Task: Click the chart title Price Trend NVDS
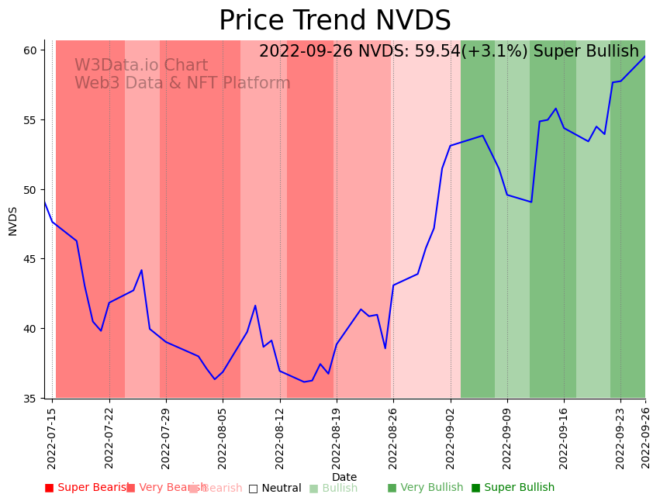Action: [334, 21]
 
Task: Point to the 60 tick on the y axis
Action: [30, 50]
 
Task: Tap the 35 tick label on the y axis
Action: [30, 399]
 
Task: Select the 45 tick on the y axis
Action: [30, 259]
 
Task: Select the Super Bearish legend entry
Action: [87, 488]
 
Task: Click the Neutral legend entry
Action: [275, 488]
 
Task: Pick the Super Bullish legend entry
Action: [513, 488]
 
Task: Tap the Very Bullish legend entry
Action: [425, 488]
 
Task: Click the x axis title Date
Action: [344, 478]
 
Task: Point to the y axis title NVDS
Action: [13, 221]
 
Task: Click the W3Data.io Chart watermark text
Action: [141, 66]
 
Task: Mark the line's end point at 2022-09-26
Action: [644, 56]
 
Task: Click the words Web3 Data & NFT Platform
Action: [182, 83]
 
